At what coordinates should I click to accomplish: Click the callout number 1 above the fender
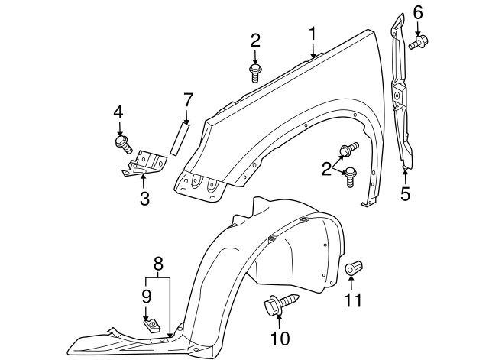[x=313, y=33]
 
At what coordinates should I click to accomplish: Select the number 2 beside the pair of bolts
[x=327, y=167]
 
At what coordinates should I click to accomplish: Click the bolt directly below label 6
[x=417, y=43]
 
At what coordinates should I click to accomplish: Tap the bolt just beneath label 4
[x=122, y=143]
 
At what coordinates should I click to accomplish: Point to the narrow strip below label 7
[x=179, y=138]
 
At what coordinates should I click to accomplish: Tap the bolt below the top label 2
[x=255, y=73]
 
